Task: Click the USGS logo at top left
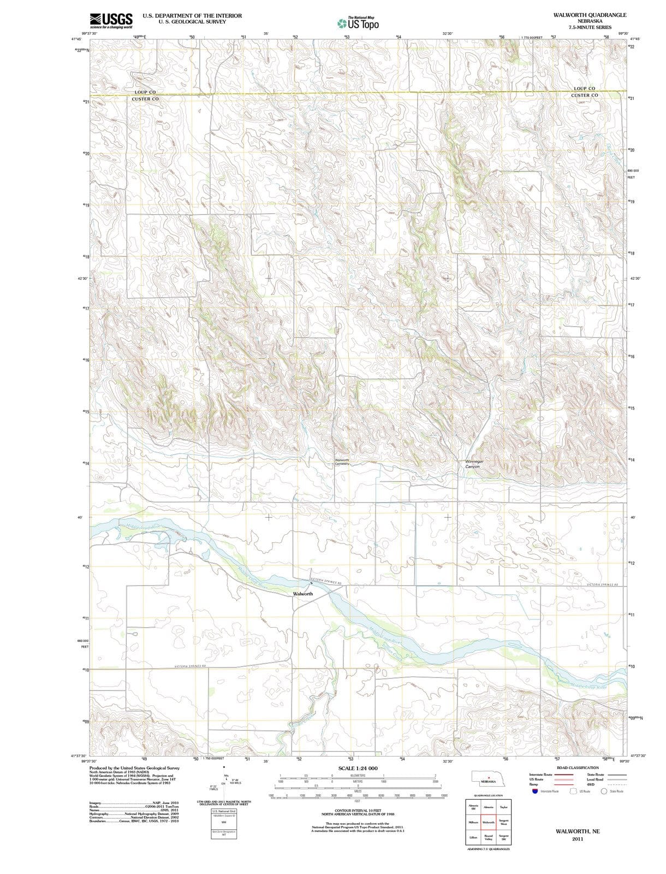click(x=111, y=20)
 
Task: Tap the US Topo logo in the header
click(x=358, y=23)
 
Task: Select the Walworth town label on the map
click(x=303, y=593)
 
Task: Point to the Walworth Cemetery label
click(x=342, y=462)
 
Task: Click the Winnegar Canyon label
click(x=474, y=464)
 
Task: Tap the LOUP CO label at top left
click(x=145, y=92)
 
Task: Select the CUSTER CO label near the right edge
click(x=584, y=96)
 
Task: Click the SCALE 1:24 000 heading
click(x=358, y=768)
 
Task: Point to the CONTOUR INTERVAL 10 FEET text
click(x=358, y=811)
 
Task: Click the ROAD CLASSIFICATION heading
click(x=578, y=767)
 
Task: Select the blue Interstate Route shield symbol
click(x=535, y=791)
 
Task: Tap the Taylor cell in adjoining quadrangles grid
click(x=503, y=807)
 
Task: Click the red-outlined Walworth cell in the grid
click(x=489, y=822)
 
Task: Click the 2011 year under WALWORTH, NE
click(x=578, y=838)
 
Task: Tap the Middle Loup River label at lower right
click(x=588, y=685)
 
